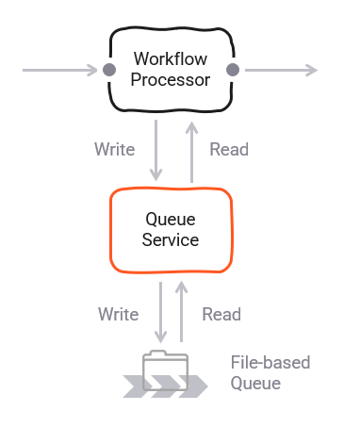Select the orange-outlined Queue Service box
pos(171,229)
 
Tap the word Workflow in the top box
pos(171,59)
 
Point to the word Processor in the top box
pos(171,79)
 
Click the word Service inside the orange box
pos(171,239)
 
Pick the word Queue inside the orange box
pos(171,219)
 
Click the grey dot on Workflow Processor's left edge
pos(108,70)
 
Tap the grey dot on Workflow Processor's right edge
pos(233,70)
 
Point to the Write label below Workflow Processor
pos(114,149)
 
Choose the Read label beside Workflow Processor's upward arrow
pos(229,149)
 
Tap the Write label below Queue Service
pos(118,314)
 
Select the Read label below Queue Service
pos(221,314)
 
